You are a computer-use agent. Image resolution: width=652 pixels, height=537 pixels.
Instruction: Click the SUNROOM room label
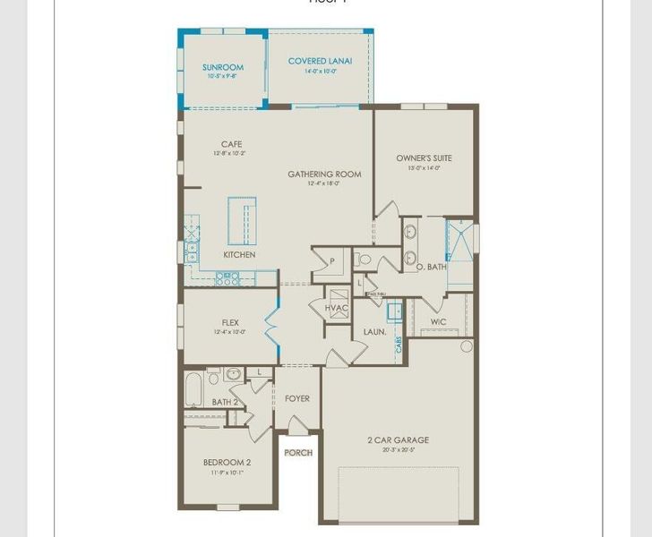(x=223, y=67)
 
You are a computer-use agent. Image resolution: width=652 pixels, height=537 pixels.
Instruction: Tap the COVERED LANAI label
(x=320, y=61)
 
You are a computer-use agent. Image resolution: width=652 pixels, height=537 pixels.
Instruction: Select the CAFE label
(x=232, y=144)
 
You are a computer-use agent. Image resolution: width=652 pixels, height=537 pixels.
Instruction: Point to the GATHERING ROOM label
(x=324, y=174)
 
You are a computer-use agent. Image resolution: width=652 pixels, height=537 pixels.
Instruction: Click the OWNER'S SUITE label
(x=425, y=158)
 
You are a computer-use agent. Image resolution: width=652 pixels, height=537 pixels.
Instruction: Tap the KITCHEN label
(x=239, y=255)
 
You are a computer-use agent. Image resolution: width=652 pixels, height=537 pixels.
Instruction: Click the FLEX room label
(x=231, y=322)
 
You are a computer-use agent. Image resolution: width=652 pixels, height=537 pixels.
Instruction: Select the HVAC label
(x=337, y=308)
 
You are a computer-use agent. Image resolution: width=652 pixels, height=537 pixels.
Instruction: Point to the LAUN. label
(x=374, y=332)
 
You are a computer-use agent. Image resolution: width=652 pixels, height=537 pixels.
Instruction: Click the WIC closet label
(x=438, y=321)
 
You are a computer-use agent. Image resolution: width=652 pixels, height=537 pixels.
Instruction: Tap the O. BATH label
(x=431, y=267)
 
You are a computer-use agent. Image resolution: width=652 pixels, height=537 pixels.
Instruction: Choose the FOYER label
(x=297, y=398)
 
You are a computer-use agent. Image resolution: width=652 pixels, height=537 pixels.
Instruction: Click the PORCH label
(x=298, y=453)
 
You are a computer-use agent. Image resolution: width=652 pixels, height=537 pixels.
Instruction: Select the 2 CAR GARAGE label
(x=398, y=439)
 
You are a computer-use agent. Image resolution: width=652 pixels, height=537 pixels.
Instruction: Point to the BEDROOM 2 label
(x=227, y=462)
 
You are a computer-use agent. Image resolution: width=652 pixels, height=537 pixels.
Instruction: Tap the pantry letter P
(x=331, y=260)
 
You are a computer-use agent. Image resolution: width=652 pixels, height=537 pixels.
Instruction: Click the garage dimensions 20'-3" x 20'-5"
(x=398, y=449)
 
